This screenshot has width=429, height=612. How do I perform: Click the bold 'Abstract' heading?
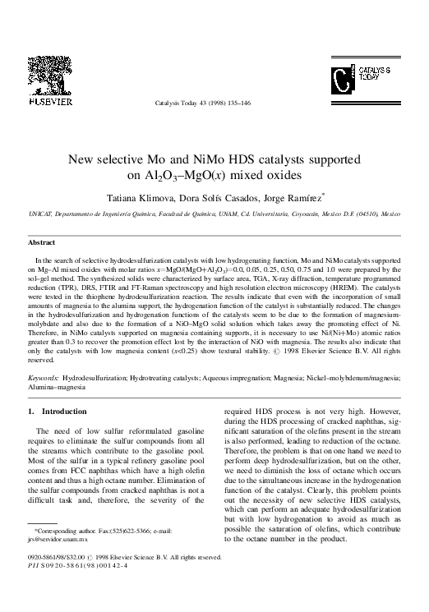(41, 243)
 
